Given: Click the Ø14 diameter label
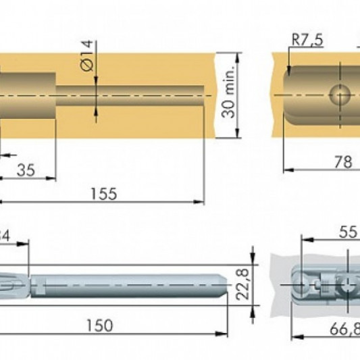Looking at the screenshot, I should click(87, 55).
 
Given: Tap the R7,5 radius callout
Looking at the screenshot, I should click(307, 41).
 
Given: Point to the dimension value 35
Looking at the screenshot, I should click(25, 170).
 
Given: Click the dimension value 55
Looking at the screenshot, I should click(347, 232).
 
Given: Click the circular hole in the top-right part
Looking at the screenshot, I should click(340, 95).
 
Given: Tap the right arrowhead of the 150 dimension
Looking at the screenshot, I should click(224, 333).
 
